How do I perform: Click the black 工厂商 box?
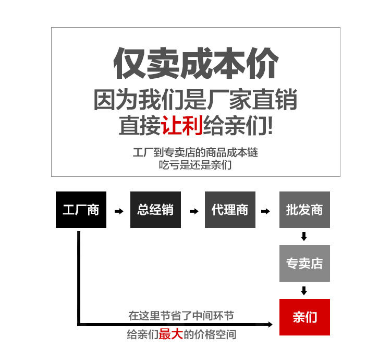pos(81,210)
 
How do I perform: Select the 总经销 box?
pos(155,210)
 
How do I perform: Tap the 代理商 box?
pos(230,210)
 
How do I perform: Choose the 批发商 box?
pos(304,210)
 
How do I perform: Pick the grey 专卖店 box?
pos(304,263)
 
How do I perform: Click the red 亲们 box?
pos(304,317)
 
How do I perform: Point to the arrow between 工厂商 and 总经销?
pos(119,211)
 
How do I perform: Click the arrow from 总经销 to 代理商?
pos(193,211)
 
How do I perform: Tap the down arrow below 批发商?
pos(304,237)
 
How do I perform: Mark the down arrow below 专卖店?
pos(304,291)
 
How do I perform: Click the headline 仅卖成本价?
pos(195,64)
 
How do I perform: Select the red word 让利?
pos(182,126)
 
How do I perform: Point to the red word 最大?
pos(170,334)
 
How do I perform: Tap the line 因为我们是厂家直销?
pos(195,100)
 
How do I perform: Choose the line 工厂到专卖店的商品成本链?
pos(195,153)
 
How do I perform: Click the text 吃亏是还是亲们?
pos(195,165)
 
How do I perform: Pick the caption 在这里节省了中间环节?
pos(181,316)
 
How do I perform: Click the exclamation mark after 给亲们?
pos(268,126)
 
